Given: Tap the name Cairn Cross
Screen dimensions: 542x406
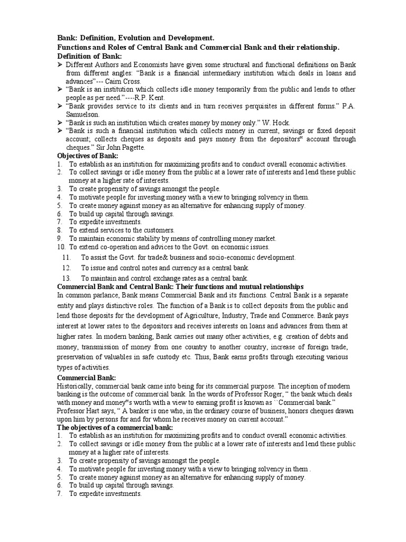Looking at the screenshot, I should pyautogui.click(x=126, y=82).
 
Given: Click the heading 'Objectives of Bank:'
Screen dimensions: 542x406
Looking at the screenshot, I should pyautogui.click(x=87, y=156).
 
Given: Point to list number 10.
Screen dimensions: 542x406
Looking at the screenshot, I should pyautogui.click(x=60, y=247).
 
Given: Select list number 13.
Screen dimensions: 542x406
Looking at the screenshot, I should pyautogui.click(x=66, y=278).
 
